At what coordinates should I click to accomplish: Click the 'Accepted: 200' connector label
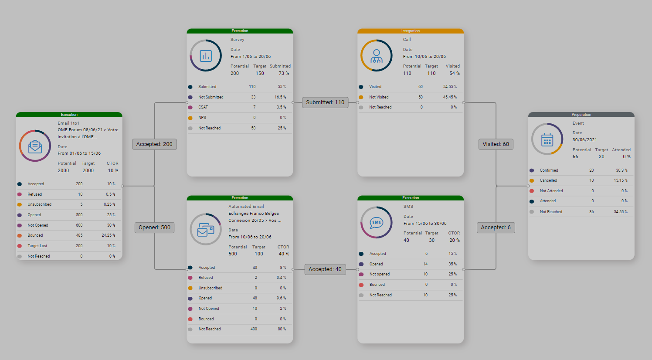click(154, 144)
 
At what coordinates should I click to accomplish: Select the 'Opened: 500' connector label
click(154, 228)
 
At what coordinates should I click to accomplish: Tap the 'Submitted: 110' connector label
click(325, 102)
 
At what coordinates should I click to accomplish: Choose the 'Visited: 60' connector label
click(496, 144)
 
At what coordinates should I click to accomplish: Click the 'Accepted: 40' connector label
click(325, 269)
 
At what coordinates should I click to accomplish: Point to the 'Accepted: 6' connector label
click(496, 228)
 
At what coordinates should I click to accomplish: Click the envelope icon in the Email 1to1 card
click(35, 146)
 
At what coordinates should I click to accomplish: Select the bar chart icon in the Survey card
click(206, 56)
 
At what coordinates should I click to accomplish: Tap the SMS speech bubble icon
click(377, 223)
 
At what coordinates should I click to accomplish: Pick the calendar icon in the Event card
click(547, 139)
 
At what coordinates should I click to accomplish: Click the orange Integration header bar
click(411, 31)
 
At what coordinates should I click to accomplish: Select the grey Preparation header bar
click(581, 115)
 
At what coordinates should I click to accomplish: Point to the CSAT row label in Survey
click(203, 107)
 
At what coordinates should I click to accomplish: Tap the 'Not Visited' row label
click(379, 97)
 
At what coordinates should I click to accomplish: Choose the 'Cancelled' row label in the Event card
click(548, 180)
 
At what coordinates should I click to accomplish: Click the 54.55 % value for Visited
click(450, 87)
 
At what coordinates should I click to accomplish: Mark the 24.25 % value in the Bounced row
click(108, 235)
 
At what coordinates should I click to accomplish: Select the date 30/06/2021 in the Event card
click(584, 140)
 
